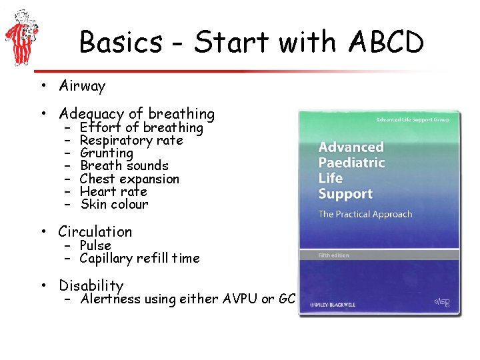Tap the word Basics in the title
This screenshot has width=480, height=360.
120,43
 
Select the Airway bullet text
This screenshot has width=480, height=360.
82,86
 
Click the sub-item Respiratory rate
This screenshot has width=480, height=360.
131,140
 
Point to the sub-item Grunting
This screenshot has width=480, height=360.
106,153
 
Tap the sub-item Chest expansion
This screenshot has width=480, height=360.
129,179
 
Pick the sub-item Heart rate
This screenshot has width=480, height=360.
113,191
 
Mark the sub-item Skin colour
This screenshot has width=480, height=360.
113,204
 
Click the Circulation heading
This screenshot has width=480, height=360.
95,232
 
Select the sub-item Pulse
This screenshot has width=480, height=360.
95,245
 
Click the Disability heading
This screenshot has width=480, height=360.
91,285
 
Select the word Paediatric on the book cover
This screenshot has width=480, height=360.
351,163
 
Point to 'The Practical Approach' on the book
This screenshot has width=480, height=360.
365,214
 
